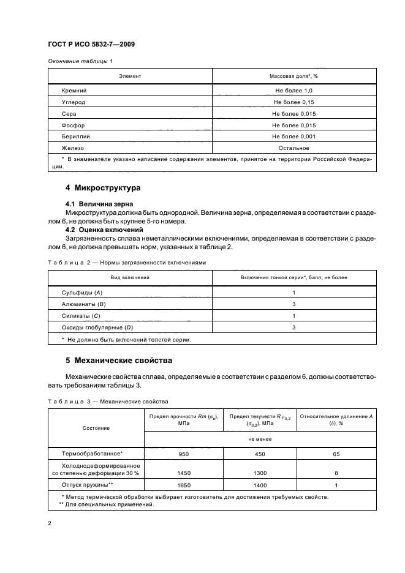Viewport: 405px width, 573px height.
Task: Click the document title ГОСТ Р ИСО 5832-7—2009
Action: point(92,44)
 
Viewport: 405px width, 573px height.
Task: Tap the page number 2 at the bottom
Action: point(50,523)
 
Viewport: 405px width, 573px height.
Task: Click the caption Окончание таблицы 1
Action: point(80,61)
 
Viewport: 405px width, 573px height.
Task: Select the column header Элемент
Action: point(130,76)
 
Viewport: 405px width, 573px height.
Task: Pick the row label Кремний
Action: point(74,90)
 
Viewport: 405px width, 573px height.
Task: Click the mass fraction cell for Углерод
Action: point(293,102)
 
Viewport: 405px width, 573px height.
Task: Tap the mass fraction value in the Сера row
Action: point(293,113)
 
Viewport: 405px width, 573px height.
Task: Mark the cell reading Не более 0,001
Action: point(293,137)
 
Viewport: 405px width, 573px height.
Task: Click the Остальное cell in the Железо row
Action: point(293,148)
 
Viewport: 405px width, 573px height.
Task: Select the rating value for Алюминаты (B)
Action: point(293,304)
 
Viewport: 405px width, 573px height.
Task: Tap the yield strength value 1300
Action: point(259,473)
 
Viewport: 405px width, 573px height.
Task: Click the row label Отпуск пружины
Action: point(88,485)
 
